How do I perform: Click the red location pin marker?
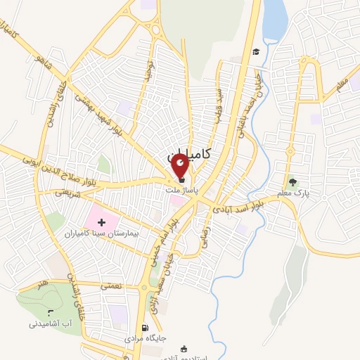(180, 166)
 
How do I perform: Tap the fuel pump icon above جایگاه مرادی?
(145, 328)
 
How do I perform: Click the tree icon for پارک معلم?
(292, 182)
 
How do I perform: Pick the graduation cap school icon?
(256, 51)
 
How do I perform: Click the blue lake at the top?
(274, 21)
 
